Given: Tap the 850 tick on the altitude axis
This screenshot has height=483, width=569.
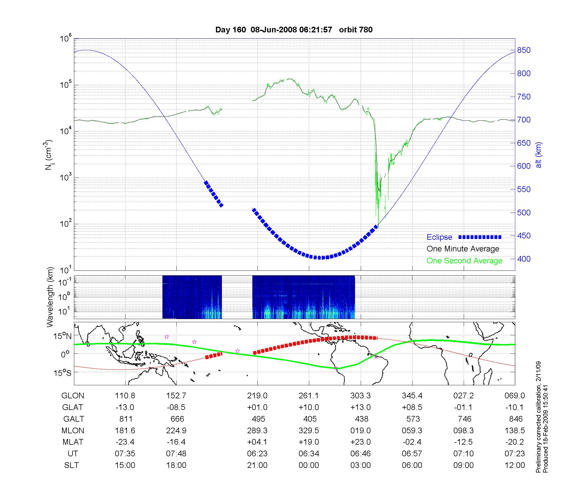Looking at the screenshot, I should click(524, 50).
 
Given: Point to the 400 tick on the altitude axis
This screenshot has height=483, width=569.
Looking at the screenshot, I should click(524, 259).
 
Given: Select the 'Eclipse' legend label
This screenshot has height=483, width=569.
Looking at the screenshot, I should click(439, 237).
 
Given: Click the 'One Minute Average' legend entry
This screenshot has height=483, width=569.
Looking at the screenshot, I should click(463, 249).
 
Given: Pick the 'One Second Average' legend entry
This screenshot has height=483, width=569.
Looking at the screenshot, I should click(464, 261).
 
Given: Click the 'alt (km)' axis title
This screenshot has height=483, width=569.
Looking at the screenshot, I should click(539, 155).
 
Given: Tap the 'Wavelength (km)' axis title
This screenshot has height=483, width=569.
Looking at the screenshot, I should click(50, 297).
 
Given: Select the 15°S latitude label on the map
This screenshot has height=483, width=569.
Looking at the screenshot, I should click(63, 372).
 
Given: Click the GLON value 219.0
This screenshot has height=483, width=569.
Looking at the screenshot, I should click(257, 395).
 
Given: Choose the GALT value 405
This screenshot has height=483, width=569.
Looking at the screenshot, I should click(310, 419).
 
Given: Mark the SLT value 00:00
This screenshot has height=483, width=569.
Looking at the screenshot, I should click(309, 465).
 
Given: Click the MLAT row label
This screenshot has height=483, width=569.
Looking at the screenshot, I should click(73, 442).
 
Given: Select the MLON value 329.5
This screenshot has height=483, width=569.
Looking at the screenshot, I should click(309, 430).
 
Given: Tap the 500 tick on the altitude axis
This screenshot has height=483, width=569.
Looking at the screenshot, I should click(524, 213).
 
